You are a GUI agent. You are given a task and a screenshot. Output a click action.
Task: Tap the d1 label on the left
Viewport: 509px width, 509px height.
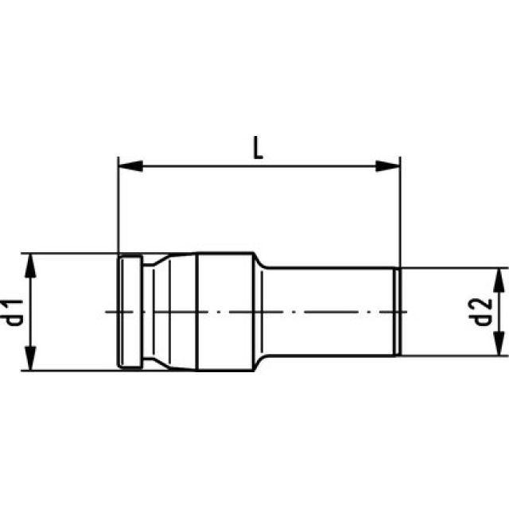[x=14, y=313]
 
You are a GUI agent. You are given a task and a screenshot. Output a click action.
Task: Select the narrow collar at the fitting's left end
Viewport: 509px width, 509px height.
[x=130, y=312]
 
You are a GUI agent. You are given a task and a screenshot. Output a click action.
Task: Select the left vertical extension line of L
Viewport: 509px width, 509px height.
[x=118, y=207]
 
